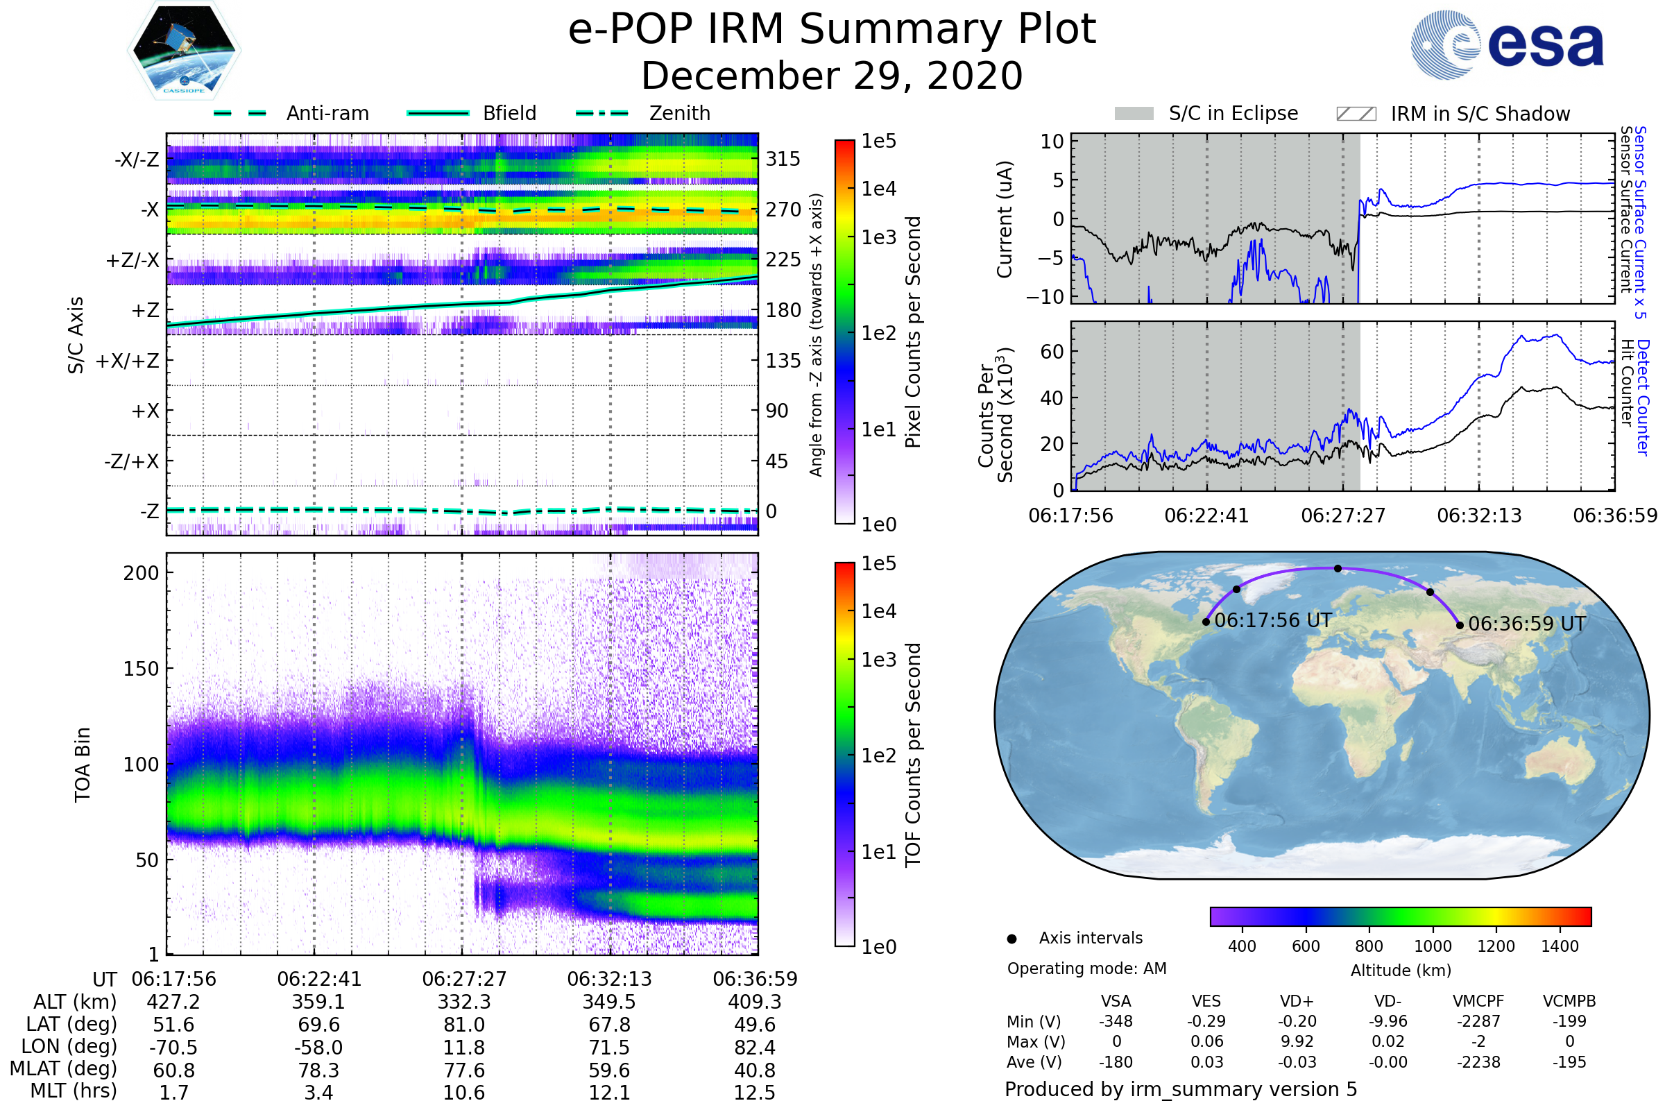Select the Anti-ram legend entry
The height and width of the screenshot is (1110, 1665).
click(x=291, y=113)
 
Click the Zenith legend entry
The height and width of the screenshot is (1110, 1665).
click(x=643, y=113)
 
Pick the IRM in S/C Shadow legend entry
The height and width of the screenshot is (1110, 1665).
click(x=1453, y=114)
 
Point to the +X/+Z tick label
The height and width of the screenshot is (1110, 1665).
click(x=128, y=361)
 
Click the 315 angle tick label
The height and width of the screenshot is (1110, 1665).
click(x=783, y=160)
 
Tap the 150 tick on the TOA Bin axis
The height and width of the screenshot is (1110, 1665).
click(x=141, y=669)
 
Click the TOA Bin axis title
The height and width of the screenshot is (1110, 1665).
click(x=83, y=764)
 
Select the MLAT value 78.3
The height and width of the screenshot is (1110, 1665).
click(x=318, y=1070)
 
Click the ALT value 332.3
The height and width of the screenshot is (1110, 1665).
click(x=463, y=1002)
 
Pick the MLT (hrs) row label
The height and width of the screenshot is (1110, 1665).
click(x=74, y=1091)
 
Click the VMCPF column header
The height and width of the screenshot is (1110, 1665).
click(x=1478, y=1001)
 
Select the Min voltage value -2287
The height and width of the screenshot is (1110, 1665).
click(x=1478, y=1021)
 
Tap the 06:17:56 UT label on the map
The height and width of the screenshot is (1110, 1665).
click(x=1273, y=621)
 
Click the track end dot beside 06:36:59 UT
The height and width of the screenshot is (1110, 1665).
click(x=1460, y=625)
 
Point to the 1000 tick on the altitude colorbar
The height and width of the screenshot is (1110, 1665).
click(x=1433, y=946)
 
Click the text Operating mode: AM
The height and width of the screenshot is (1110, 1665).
click(x=1086, y=968)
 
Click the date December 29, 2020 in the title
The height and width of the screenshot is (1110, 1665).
click(x=832, y=76)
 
